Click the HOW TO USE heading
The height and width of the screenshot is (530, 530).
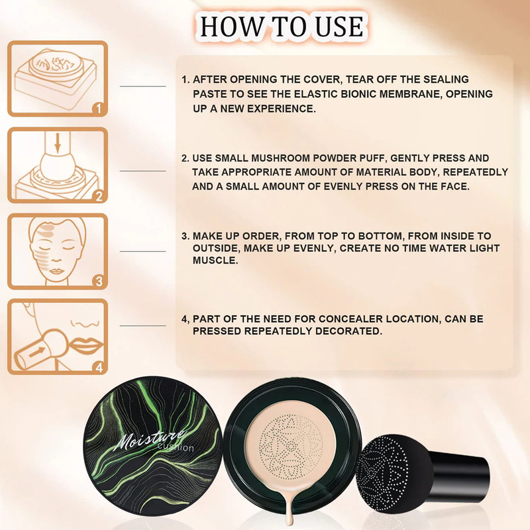[281, 26]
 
